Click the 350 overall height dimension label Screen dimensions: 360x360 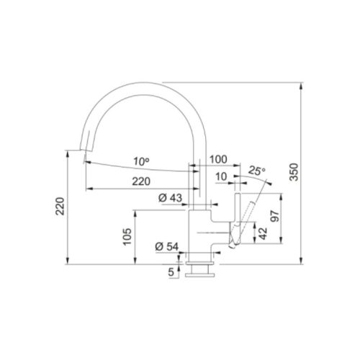(x=294, y=172)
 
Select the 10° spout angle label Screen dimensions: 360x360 (x=141, y=161)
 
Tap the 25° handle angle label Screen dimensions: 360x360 (x=257, y=171)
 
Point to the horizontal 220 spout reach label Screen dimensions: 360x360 (x=141, y=181)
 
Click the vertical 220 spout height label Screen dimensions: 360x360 (x=60, y=206)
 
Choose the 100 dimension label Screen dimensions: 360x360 (x=218, y=159)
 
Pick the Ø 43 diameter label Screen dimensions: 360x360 (x=171, y=198)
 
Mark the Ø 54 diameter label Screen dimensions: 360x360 (x=167, y=247)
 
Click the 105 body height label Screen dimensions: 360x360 (x=127, y=237)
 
